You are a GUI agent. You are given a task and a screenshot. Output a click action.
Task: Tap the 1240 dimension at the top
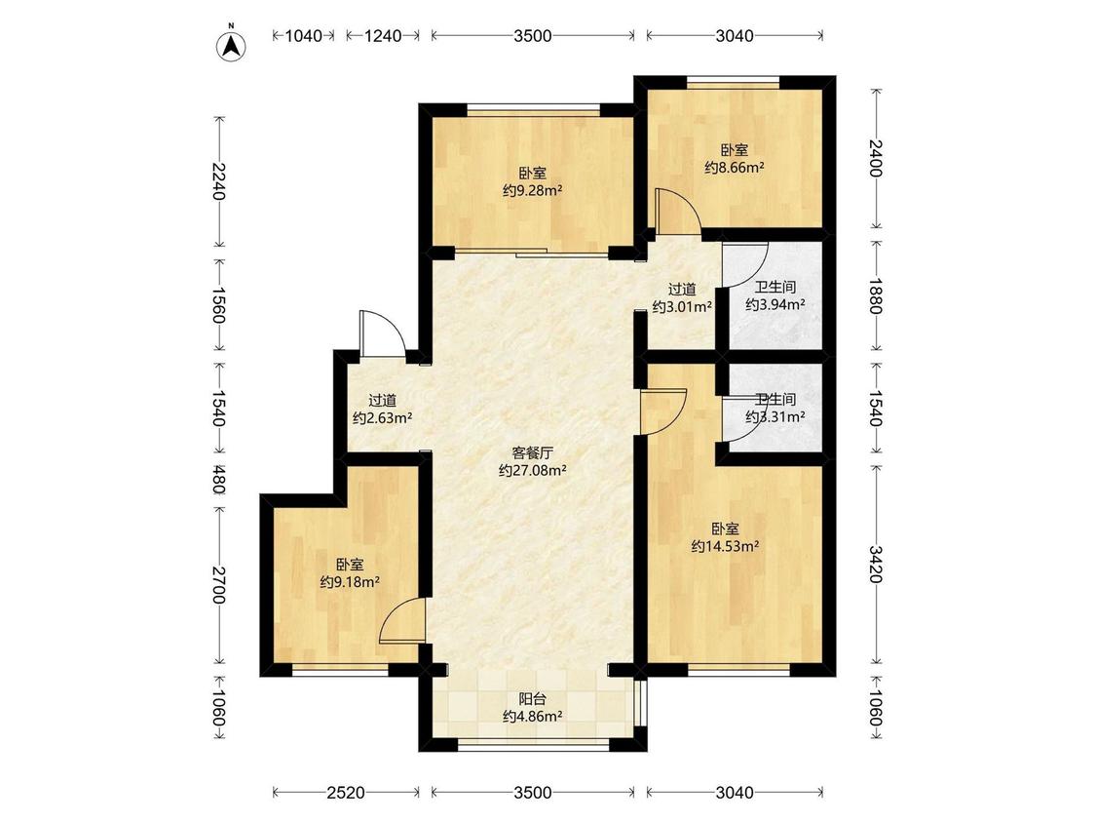click(x=382, y=36)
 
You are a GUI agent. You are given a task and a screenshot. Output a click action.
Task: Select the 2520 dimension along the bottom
click(x=345, y=792)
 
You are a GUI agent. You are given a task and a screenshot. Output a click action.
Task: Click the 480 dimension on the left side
click(x=219, y=480)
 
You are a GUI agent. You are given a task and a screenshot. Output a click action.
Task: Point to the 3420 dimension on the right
click(x=876, y=564)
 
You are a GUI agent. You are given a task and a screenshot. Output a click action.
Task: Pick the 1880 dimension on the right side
click(x=876, y=296)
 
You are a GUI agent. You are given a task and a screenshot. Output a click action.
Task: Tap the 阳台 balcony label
click(x=533, y=699)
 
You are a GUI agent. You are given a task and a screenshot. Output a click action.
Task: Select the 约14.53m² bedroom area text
click(x=726, y=546)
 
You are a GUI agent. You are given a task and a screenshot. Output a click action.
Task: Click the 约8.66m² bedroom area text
click(x=734, y=168)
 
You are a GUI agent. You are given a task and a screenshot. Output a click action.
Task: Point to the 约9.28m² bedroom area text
click(x=533, y=189)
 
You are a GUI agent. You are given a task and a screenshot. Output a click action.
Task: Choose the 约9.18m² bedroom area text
click(x=350, y=581)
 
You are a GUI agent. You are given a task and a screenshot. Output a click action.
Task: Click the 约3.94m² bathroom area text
click(x=775, y=304)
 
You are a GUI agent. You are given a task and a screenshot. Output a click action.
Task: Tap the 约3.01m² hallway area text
click(x=682, y=306)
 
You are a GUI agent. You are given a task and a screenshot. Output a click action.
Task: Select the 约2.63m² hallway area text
click(x=382, y=418)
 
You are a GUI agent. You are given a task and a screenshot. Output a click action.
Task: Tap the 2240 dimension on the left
click(x=219, y=180)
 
